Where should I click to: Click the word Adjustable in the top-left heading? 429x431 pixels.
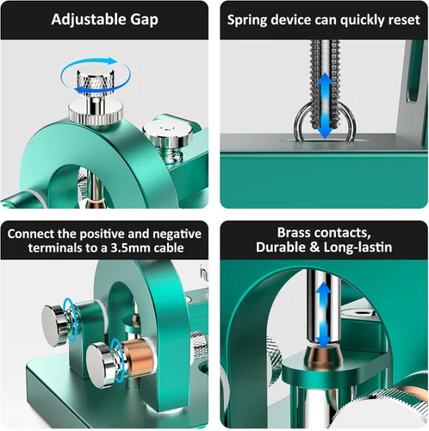click(88, 20)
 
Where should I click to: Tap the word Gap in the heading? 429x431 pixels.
click(144, 21)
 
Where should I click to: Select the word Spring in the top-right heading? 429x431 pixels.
click(247, 21)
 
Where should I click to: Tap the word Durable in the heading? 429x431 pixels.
click(281, 247)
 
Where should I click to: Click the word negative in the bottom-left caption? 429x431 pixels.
click(177, 234)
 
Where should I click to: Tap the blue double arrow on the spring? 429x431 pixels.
click(325, 105)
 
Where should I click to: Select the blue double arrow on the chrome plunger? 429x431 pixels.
click(323, 315)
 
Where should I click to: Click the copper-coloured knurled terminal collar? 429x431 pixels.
click(137, 357)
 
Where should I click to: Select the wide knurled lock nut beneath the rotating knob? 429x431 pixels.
click(96, 111)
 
